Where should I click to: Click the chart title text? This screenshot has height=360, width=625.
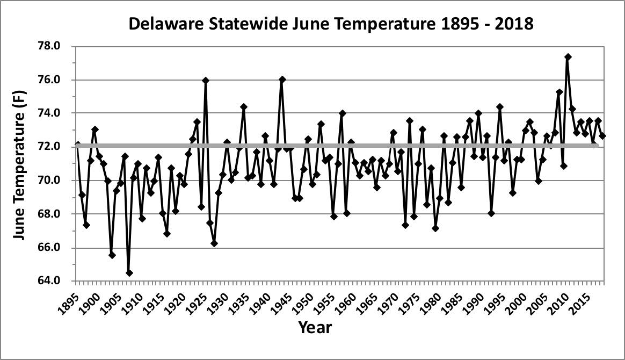[331, 24]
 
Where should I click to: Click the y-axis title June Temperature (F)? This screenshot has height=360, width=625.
[20, 163]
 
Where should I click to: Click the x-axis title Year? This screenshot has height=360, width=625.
[315, 327]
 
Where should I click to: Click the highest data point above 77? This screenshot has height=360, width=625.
[568, 56]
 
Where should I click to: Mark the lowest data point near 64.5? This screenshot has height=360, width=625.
[129, 273]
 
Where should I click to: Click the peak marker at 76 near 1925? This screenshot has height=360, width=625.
[205, 81]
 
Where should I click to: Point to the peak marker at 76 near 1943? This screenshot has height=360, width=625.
[282, 80]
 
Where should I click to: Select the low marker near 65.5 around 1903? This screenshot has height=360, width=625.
[112, 255]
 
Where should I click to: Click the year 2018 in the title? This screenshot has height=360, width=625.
[515, 24]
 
